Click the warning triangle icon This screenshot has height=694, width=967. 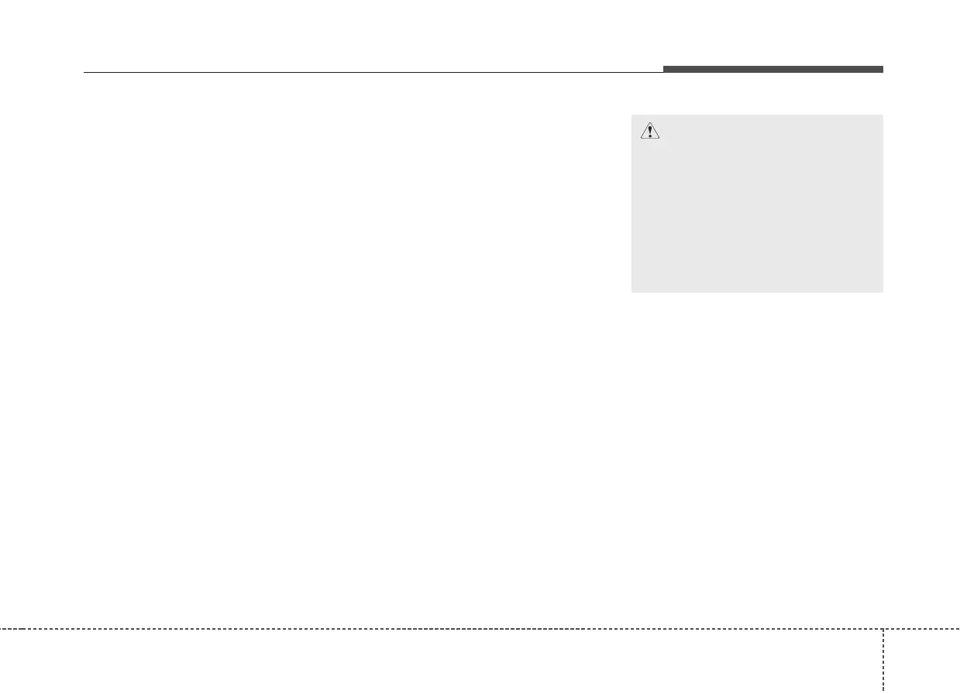pos(650,132)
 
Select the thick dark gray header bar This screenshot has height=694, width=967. pos(773,70)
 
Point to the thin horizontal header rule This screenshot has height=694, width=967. pos(372,73)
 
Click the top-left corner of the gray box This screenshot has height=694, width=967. pos(631,115)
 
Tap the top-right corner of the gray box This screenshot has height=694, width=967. pos(883,115)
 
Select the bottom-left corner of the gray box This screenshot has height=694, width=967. pos(631,292)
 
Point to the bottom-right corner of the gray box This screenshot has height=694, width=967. pos(883,292)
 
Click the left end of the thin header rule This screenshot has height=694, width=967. pos(84,73)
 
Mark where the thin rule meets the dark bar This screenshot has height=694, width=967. pos(663,72)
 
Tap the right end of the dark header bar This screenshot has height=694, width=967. pos(883,70)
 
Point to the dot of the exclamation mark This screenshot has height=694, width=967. pos(650,136)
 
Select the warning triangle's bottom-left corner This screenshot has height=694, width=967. pos(641,139)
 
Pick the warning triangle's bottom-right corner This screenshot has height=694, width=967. pos(660,139)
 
